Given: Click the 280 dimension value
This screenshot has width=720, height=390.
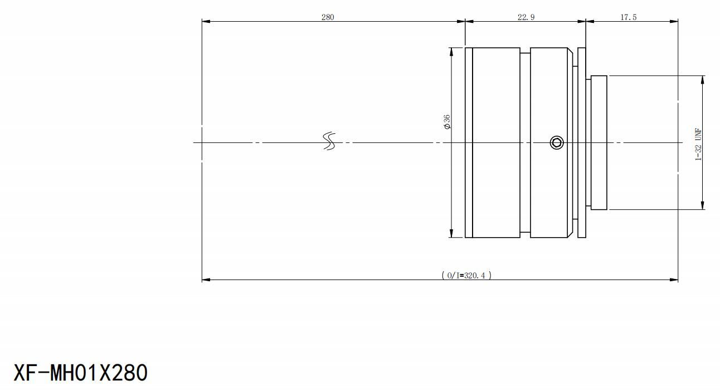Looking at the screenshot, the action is tap(328, 17).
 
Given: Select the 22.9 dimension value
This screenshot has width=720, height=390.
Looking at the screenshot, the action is tap(526, 17).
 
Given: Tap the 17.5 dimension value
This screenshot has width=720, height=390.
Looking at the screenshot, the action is tap(628, 17).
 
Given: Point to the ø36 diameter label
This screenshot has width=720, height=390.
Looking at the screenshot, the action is tap(447, 122).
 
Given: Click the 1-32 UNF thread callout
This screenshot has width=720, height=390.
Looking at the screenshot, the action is tap(698, 144).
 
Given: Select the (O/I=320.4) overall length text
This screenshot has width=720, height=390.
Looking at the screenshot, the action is tap(466, 275).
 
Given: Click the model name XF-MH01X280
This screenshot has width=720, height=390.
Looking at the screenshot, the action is tap(80, 373).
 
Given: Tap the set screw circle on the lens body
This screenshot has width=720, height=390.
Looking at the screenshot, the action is tap(557, 142).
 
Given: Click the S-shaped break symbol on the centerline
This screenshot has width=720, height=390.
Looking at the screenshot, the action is tap(329, 141).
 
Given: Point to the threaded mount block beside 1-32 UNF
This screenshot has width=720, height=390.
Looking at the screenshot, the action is tap(599, 142).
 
